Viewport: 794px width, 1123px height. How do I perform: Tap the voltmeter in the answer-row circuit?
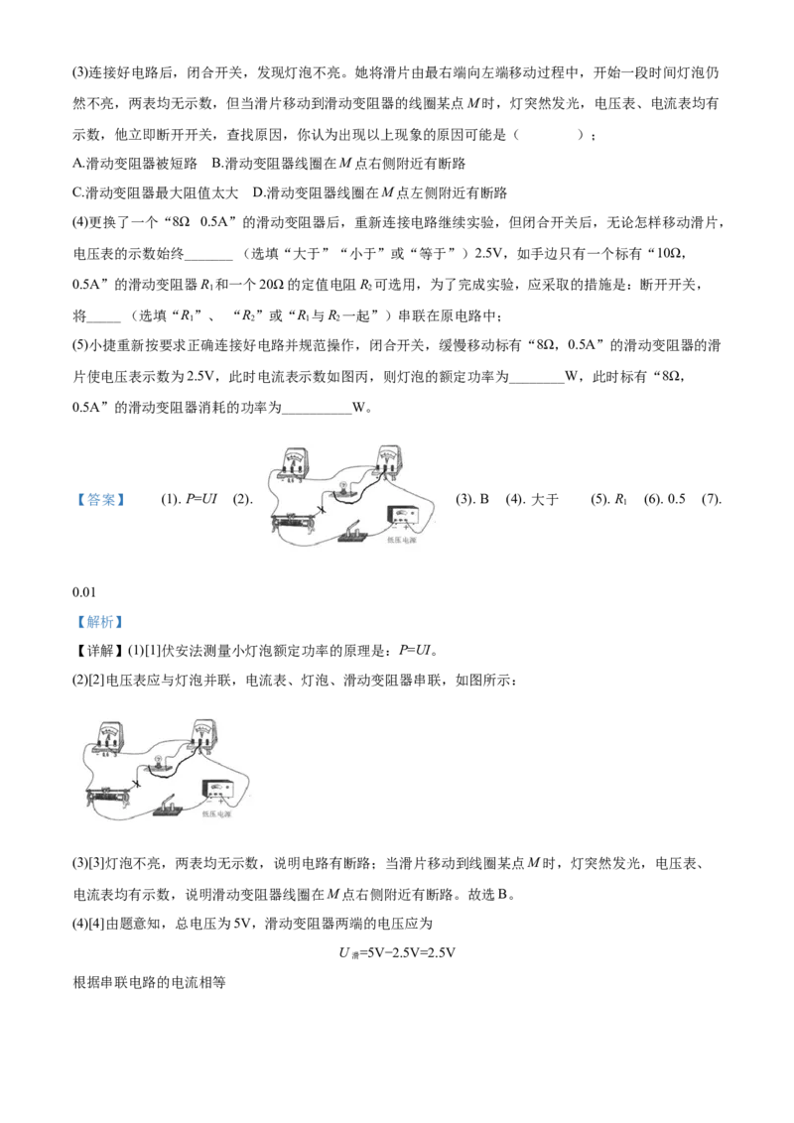[387, 462]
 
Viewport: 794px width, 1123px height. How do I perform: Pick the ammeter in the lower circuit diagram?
[109, 738]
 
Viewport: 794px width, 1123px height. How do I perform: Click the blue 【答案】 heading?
[101, 499]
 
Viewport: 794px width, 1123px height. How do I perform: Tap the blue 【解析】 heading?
[100, 622]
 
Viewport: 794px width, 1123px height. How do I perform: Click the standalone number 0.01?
[83, 591]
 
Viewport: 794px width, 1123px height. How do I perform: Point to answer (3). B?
[472, 499]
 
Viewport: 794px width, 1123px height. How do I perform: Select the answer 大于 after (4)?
[532, 499]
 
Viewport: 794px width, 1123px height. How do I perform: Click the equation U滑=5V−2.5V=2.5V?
[397, 952]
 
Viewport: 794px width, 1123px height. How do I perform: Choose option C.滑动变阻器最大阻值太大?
[156, 192]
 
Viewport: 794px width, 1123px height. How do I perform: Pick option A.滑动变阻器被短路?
[135, 164]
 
